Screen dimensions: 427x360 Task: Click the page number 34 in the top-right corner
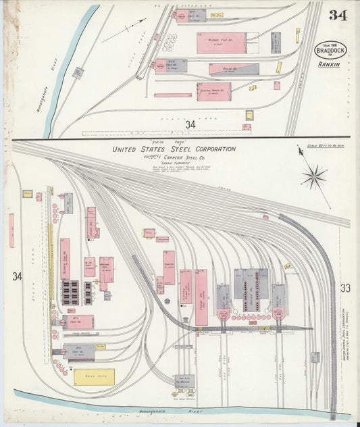point(338,16)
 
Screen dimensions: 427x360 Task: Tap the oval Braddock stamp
point(330,51)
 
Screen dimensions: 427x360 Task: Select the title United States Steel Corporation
point(174,149)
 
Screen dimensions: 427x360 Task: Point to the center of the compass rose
point(313,178)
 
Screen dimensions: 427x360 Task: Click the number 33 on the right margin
point(345,288)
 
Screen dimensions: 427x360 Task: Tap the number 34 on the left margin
point(16,276)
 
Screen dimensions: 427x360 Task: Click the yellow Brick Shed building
point(94,376)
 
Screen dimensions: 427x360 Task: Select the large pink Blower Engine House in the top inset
point(222,43)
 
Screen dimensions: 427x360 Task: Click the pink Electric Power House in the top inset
point(213,91)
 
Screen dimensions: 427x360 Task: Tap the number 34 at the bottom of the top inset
point(190,124)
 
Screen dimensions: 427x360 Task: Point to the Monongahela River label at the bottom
point(189,410)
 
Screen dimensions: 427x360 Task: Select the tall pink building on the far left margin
point(11,230)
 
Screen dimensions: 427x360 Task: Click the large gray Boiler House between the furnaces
point(251,289)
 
